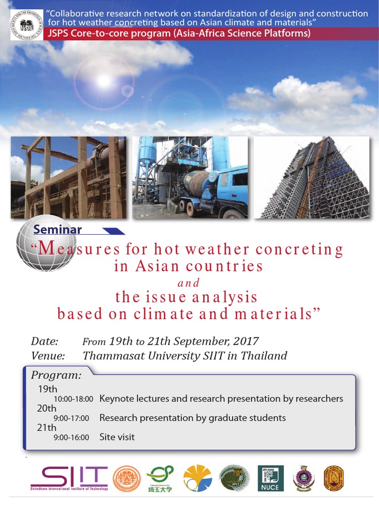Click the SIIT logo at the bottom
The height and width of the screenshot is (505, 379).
coord(69,478)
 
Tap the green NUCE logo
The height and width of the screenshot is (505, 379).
coord(268,478)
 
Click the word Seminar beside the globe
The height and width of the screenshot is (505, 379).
coord(58,229)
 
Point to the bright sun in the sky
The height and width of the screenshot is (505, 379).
coord(103,80)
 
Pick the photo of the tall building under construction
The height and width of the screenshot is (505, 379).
coord(312,177)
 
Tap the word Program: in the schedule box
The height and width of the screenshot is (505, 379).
coord(56,375)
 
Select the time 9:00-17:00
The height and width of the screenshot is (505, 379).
coord(71,418)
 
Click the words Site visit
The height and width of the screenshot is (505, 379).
coord(117,437)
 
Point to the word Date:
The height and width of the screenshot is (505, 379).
coord(44,341)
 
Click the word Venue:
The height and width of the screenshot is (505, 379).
coord(48,356)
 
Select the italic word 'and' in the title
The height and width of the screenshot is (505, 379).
coord(189,283)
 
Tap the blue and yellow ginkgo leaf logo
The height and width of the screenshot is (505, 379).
coord(197,478)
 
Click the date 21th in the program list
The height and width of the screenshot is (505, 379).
coord(47,428)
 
